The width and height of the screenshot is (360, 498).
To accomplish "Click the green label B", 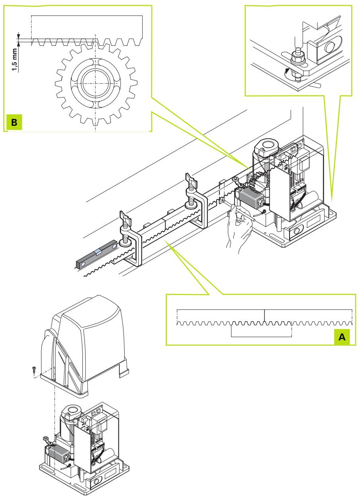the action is click(14, 122).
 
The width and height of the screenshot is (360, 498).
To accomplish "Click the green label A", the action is click(342, 337).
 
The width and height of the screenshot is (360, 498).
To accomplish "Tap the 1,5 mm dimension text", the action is click(15, 60).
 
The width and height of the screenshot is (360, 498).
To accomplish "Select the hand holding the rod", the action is click(239, 229).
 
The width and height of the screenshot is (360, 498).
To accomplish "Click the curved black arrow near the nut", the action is click(287, 71).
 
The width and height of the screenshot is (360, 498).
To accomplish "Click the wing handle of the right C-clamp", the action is click(191, 180).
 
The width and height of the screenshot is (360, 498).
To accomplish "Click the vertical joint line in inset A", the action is click(264, 315).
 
